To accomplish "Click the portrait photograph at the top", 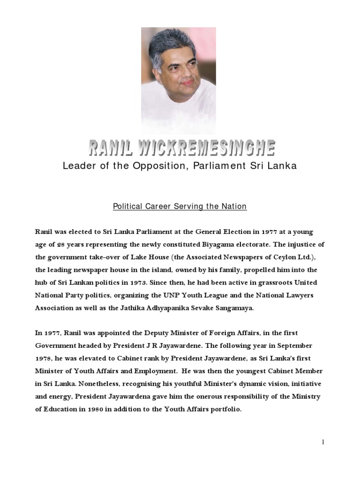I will [x=179, y=80].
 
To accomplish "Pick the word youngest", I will [x=249, y=371].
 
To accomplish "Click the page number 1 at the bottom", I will [x=323, y=442].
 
